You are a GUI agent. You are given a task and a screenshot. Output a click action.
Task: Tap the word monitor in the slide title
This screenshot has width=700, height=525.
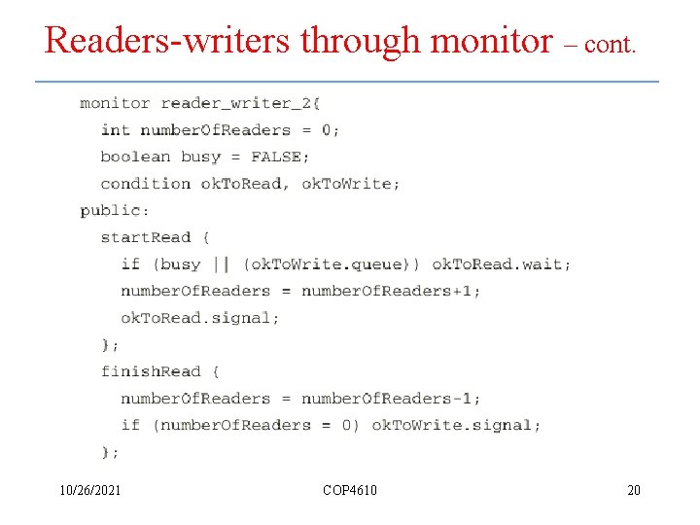(490, 41)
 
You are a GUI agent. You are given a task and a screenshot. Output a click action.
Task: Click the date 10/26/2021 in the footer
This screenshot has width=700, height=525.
(89, 490)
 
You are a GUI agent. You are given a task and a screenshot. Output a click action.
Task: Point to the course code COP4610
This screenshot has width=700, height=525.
(350, 490)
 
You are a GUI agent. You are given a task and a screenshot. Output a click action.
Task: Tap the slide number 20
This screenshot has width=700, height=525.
(634, 490)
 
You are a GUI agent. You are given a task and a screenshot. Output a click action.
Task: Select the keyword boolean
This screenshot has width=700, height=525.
(135, 157)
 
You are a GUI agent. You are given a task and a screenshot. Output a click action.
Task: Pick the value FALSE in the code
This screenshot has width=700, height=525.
(275, 157)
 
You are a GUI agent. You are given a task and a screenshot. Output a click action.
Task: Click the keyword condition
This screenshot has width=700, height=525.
(145, 183)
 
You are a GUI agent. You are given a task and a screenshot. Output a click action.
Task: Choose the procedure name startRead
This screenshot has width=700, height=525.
(146, 237)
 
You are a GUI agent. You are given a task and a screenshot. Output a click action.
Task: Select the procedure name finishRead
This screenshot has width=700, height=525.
(151, 371)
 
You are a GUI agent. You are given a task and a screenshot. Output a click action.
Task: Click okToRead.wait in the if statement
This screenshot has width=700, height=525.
(501, 264)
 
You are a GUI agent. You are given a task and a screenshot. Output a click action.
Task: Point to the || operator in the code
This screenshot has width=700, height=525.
(222, 264)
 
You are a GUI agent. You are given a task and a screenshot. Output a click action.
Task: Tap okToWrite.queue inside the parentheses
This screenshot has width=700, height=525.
(332, 264)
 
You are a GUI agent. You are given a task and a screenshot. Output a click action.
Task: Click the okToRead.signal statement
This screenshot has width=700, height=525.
(199, 318)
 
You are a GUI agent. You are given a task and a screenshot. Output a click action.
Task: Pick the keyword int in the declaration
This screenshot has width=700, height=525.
(115, 130)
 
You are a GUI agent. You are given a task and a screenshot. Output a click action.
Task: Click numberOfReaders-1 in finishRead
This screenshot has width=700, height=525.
(391, 399)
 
